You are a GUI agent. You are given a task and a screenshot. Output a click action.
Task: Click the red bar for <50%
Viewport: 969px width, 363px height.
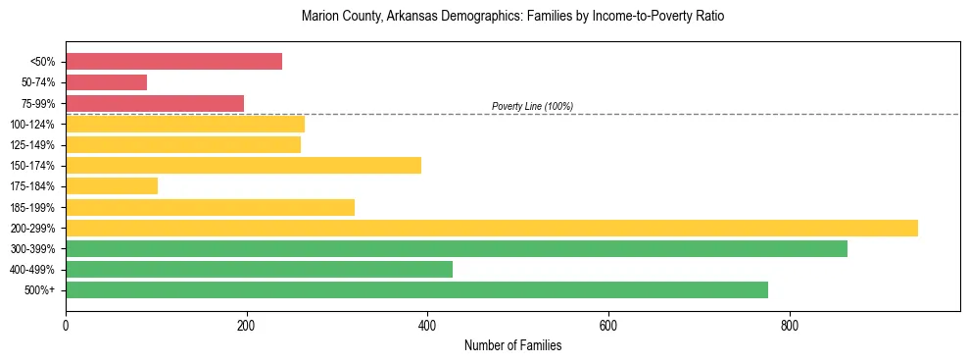tap(173, 62)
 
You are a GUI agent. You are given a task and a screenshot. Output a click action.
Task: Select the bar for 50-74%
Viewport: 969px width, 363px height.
tap(106, 82)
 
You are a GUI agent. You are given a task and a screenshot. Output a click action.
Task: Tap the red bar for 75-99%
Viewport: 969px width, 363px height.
tap(155, 103)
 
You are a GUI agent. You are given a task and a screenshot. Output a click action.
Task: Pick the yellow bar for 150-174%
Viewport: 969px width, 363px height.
tap(243, 166)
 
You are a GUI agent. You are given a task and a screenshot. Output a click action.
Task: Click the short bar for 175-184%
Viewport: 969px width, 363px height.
tap(112, 186)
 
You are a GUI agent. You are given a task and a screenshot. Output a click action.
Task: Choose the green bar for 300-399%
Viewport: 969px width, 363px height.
tap(457, 249)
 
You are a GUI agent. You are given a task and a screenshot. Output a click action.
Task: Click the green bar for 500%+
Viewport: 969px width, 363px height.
tap(416, 290)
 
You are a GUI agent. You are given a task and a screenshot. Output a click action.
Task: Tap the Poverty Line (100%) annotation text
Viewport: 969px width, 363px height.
tap(532, 106)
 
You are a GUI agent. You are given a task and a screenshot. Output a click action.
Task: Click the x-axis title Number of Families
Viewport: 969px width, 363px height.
tap(512, 345)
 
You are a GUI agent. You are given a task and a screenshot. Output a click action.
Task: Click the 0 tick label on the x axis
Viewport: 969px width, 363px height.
tap(66, 326)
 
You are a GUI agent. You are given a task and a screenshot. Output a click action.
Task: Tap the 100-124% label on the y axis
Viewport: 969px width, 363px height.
tap(32, 125)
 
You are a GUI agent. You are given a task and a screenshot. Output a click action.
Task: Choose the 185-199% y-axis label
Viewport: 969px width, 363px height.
tap(32, 208)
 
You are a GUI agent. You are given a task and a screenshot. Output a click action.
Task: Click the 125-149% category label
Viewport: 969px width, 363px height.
tap(32, 145)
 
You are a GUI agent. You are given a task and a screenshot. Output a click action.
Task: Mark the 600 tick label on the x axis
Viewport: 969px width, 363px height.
tap(608, 326)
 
